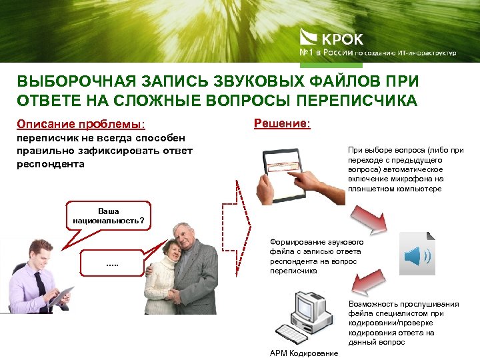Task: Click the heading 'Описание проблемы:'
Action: [81, 124]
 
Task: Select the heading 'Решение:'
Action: [282, 123]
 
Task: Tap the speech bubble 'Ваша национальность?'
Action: [108, 214]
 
